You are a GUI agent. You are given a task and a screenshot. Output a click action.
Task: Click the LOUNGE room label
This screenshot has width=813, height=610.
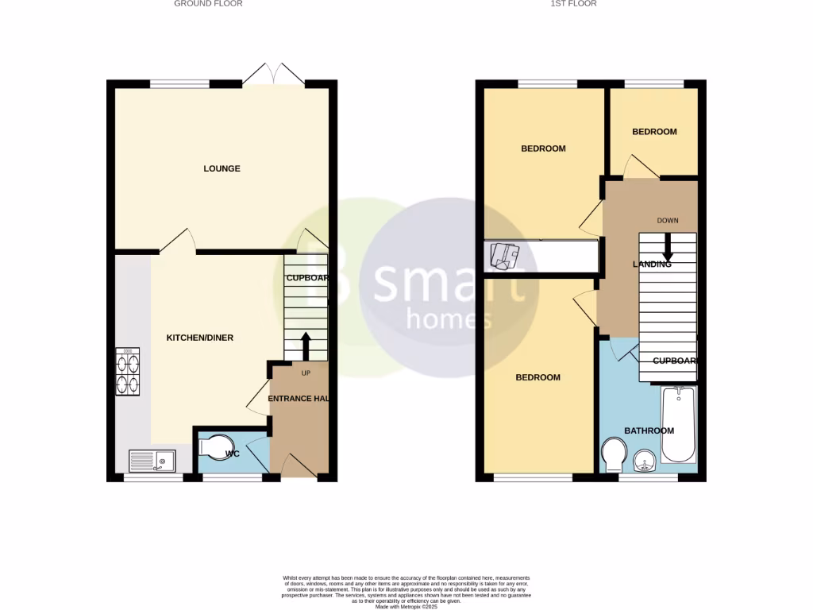point(222,168)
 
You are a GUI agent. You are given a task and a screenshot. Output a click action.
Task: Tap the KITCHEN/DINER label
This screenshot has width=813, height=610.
point(199,338)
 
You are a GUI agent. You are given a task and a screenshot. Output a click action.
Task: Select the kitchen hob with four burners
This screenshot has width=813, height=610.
point(128,371)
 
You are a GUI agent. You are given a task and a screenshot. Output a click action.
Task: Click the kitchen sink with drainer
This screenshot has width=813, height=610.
point(152,460)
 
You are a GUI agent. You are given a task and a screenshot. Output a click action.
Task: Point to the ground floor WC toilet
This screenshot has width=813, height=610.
point(213,449)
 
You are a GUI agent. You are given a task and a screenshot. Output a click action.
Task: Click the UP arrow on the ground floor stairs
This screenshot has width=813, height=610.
point(306,346)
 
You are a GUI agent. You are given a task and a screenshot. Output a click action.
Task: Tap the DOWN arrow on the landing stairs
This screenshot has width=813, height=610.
point(667,247)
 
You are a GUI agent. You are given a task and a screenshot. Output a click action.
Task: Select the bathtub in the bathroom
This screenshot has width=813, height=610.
point(678,425)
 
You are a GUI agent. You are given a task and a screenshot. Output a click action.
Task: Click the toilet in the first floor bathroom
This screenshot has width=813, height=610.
point(613,454)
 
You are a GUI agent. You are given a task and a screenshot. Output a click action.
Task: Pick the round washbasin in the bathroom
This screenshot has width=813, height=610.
point(645,459)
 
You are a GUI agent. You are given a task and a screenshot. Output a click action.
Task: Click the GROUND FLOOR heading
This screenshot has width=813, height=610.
point(208,4)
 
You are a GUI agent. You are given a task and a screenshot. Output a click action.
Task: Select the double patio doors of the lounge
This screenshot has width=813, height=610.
point(274,75)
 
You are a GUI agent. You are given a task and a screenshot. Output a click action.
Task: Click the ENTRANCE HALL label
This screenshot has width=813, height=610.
point(299,398)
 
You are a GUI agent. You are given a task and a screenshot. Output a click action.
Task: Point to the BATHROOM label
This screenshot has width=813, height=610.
point(649,430)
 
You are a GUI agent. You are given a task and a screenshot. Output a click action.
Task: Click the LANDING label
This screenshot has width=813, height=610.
point(652,264)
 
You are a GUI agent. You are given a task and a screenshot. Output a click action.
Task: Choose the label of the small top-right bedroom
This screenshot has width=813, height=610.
point(654,132)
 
